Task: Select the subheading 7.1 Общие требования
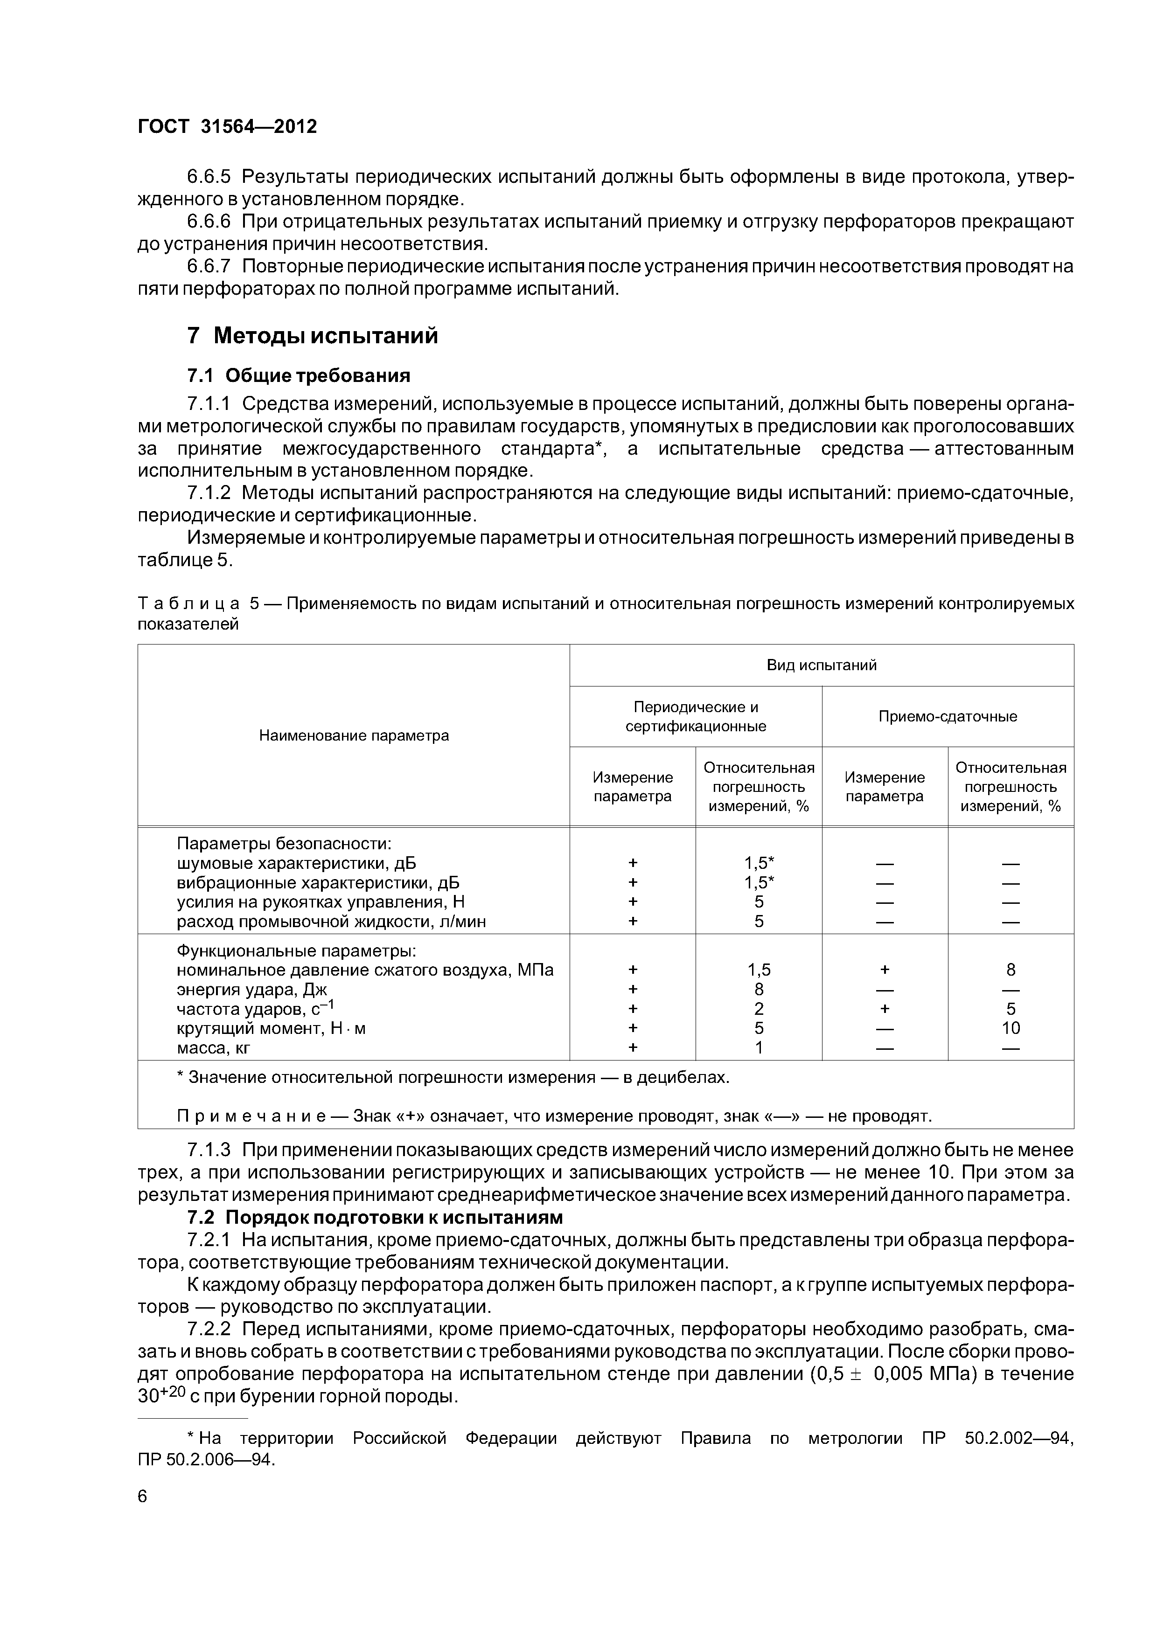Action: [x=298, y=375]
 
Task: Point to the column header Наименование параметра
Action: [x=354, y=735]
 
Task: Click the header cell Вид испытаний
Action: [x=821, y=665]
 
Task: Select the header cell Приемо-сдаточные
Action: [x=948, y=716]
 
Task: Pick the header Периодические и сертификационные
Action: [x=696, y=716]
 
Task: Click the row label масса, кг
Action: [x=214, y=1047]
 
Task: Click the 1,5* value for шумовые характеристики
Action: [x=759, y=863]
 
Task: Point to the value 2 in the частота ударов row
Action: [x=759, y=1008]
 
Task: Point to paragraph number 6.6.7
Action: [x=209, y=266]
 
